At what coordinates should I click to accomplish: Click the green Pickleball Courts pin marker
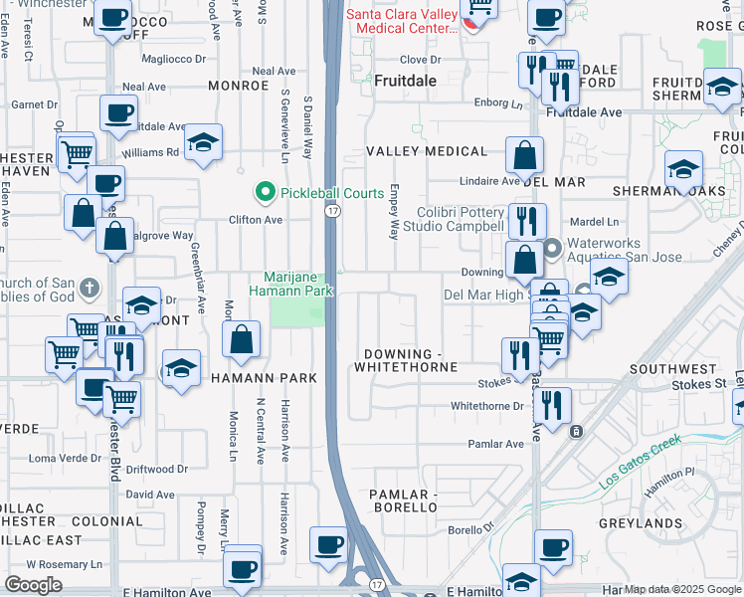point(265,191)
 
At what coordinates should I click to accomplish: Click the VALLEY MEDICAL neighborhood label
point(427,152)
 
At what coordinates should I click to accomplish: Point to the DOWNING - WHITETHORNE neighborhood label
point(411,361)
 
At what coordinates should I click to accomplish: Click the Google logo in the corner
point(33,585)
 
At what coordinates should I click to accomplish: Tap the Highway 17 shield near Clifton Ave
point(332,211)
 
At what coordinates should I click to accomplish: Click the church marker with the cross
point(89,289)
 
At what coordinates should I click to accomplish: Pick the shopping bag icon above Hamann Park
point(242,339)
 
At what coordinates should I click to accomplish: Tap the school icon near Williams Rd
point(203,143)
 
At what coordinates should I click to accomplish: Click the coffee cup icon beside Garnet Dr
point(119,112)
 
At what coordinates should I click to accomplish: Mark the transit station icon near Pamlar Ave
point(575,431)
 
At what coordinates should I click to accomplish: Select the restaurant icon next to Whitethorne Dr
point(552,403)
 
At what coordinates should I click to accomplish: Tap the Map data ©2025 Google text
point(682,589)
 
